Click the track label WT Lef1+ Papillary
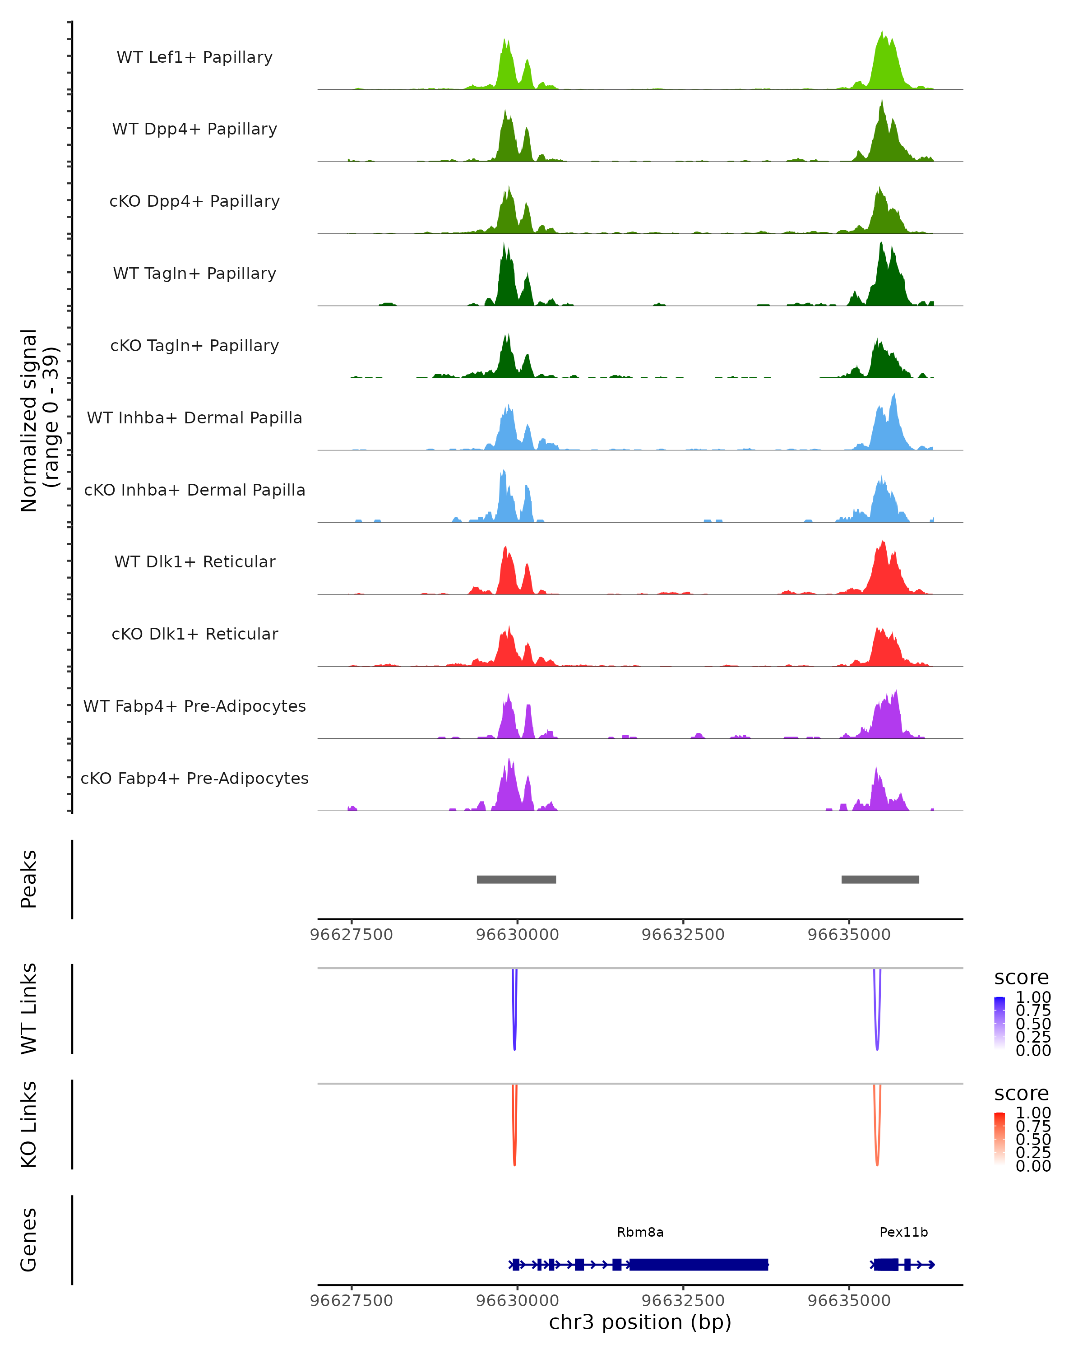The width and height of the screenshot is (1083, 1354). click(194, 57)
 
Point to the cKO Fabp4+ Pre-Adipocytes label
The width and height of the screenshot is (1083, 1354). click(194, 778)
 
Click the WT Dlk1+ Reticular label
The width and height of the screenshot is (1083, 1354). click(194, 561)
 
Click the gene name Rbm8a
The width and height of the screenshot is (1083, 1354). click(640, 1232)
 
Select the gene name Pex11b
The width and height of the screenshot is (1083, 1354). click(903, 1232)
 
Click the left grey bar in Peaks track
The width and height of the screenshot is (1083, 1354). click(516, 879)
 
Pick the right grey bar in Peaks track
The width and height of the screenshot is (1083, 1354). click(880, 879)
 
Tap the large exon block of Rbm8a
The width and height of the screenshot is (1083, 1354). click(699, 1264)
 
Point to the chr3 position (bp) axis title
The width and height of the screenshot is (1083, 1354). click(640, 1322)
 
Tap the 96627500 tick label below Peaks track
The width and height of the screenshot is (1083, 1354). click(352, 935)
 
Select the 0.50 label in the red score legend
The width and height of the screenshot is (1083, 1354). click(1033, 1139)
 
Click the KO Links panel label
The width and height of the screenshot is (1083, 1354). click(29, 1124)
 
